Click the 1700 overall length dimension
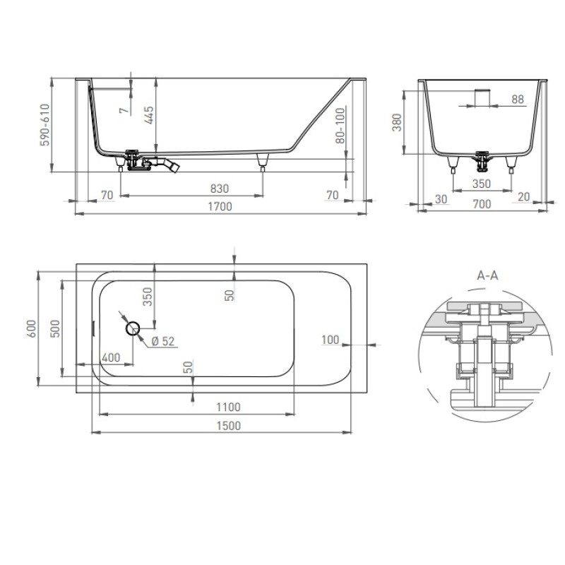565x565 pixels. pos(220,206)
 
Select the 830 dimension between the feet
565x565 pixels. pos(220,189)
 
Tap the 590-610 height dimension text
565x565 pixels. pos(44,125)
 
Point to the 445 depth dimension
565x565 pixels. pos(149,115)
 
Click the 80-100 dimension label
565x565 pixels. pos(340,126)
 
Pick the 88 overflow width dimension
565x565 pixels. pos(518,99)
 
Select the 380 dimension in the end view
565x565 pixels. pos(397,122)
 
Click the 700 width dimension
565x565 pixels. pos(482,204)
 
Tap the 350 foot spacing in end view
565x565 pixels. pos(482,184)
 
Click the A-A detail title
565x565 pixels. pos(487,275)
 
